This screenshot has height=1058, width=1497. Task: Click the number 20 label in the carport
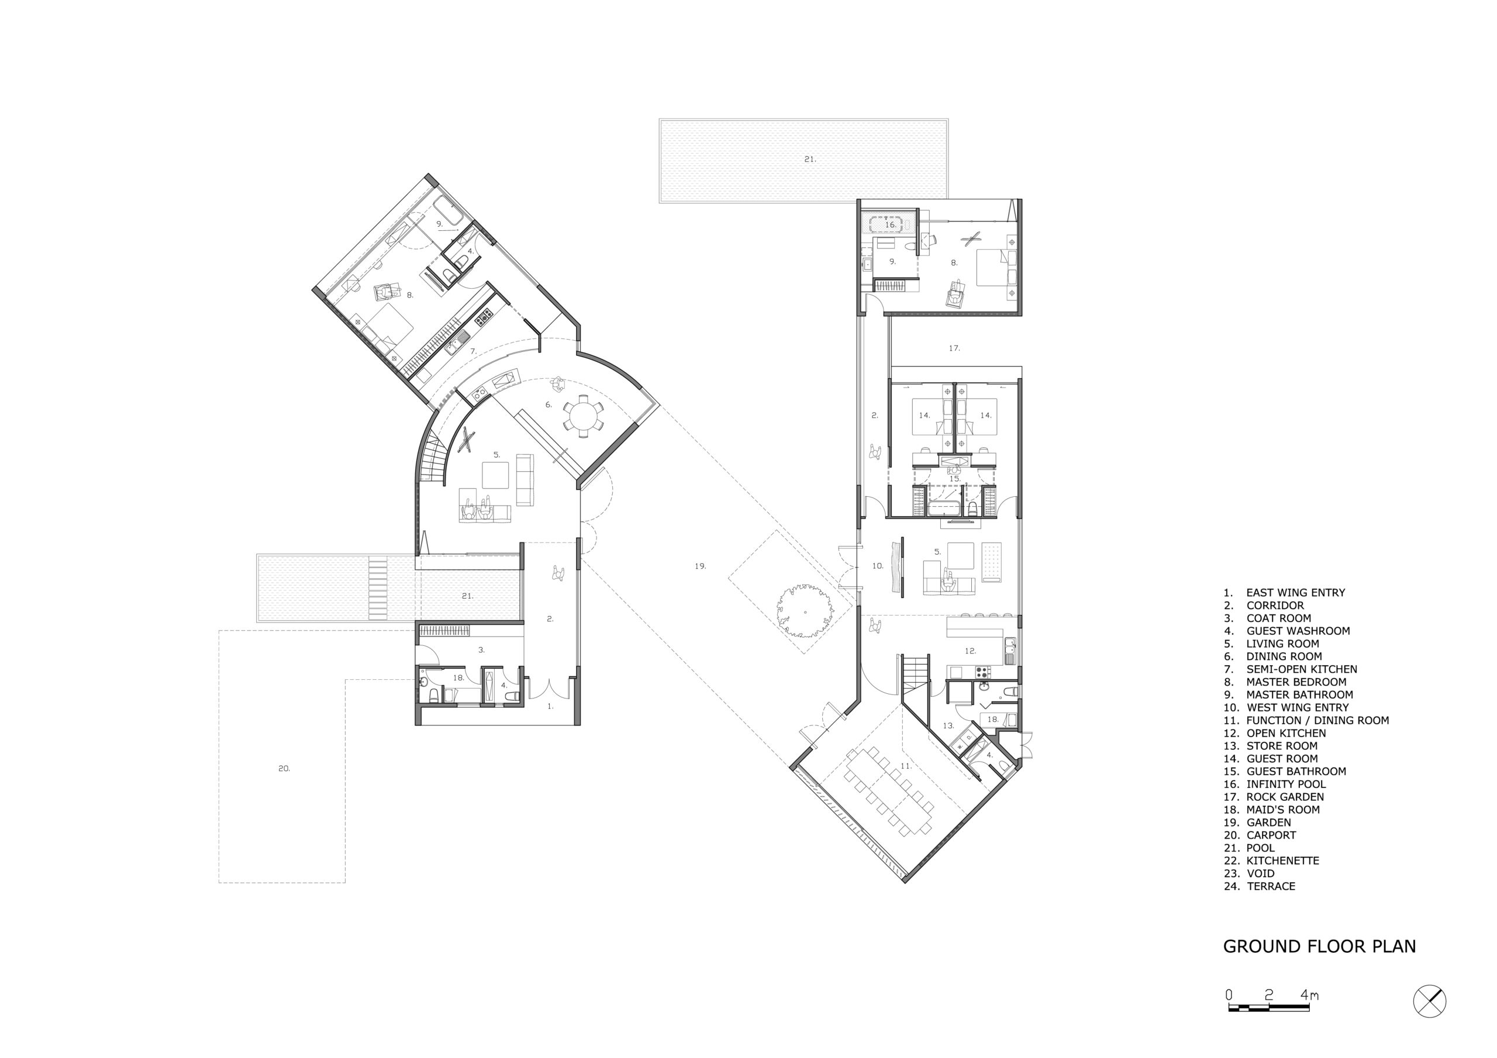(284, 769)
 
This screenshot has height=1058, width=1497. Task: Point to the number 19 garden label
(700, 566)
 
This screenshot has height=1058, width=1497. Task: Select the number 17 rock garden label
(954, 348)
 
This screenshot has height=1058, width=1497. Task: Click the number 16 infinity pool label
(890, 225)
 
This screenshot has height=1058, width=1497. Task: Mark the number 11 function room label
(905, 765)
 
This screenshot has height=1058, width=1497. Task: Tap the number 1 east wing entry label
(550, 706)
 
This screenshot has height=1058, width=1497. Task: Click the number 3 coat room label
(481, 650)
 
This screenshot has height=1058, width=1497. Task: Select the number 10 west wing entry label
(878, 566)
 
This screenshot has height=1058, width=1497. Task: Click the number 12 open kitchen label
(970, 651)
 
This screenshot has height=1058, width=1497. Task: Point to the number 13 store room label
(948, 725)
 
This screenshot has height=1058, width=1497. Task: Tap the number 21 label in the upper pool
(810, 159)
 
